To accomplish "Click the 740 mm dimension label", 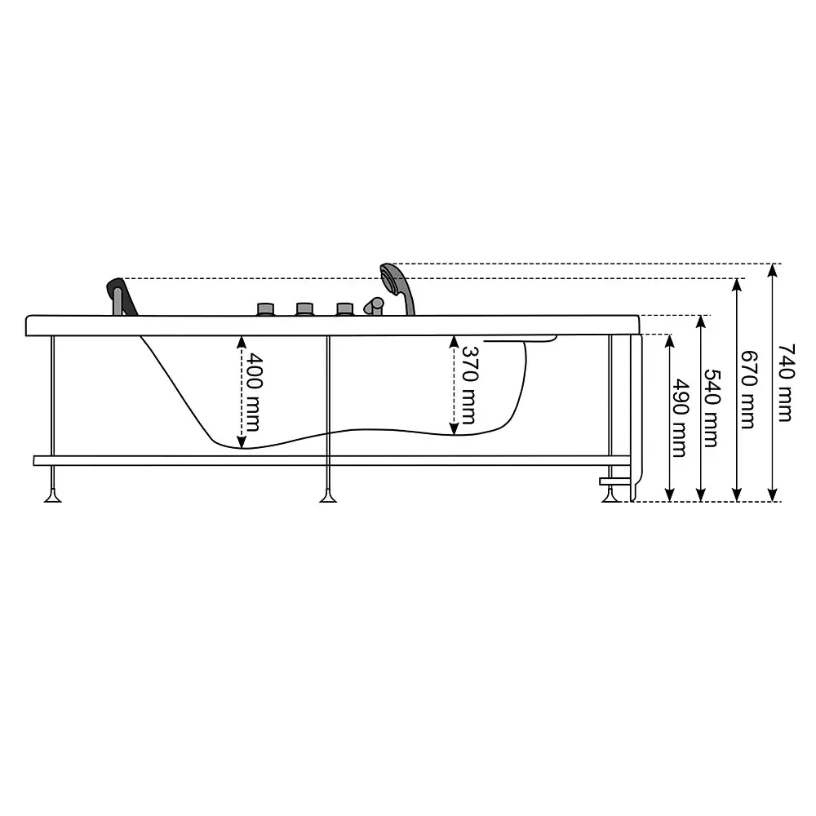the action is pos(787,383).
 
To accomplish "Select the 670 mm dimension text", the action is pos(749,389).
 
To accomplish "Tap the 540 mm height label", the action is pos(712,409).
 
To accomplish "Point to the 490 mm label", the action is pos(680,418).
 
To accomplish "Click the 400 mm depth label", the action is pos(254,392).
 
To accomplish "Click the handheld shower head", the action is pos(398,289).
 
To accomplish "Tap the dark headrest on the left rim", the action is pos(122,297).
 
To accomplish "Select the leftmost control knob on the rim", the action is pos(266,309).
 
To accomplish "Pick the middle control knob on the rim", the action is pos(305,309).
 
